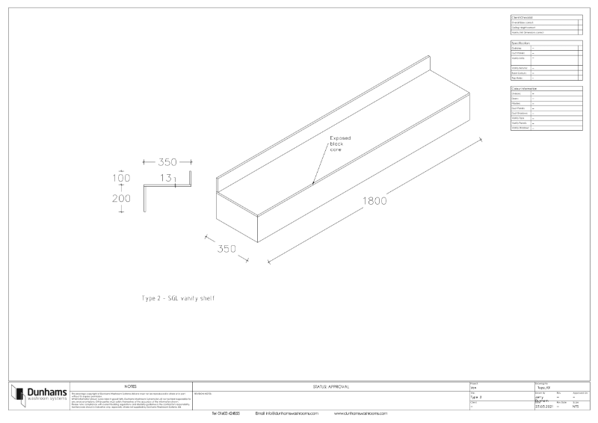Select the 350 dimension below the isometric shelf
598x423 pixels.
click(227, 248)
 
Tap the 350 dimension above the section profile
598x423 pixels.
click(167, 161)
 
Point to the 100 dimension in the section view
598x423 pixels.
click(121, 179)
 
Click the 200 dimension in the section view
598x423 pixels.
click(121, 198)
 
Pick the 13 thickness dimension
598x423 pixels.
click(165, 178)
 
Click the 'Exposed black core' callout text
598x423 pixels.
click(340, 144)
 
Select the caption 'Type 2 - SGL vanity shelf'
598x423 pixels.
click(179, 298)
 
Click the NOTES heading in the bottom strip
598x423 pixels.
click(130, 386)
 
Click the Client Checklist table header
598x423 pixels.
click(523, 16)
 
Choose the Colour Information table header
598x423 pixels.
click(525, 89)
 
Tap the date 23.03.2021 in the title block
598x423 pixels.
click(543, 407)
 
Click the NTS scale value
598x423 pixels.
click(576, 407)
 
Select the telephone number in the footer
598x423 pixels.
click(226, 413)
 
